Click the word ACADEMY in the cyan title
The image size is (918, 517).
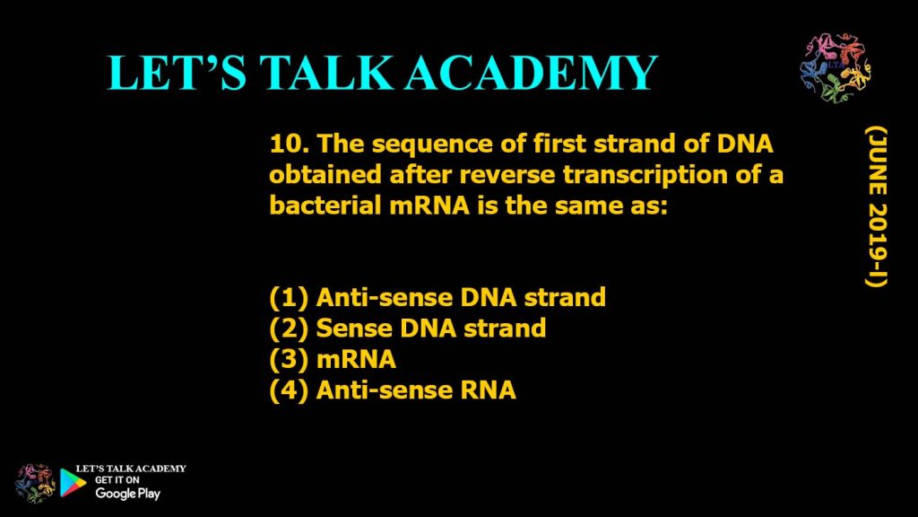(531, 73)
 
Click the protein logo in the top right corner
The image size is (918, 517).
(835, 67)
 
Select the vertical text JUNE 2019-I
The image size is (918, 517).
(876, 207)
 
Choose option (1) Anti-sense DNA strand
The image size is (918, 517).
(437, 297)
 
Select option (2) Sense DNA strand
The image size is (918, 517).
(408, 329)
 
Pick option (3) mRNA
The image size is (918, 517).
(333, 359)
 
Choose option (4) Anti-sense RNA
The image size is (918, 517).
(393, 390)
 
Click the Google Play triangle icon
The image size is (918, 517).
(73, 482)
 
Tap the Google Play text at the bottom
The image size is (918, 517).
(127, 494)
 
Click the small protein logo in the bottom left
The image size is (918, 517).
(35, 484)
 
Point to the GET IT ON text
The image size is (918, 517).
(117, 480)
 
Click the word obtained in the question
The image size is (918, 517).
(325, 175)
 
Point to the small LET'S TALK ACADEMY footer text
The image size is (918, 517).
(131, 469)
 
